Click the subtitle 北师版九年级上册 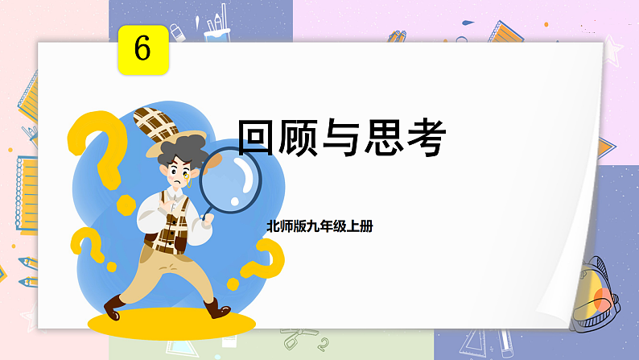pyautogui.click(x=319, y=227)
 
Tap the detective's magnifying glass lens pyautogui.click(x=236, y=173)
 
